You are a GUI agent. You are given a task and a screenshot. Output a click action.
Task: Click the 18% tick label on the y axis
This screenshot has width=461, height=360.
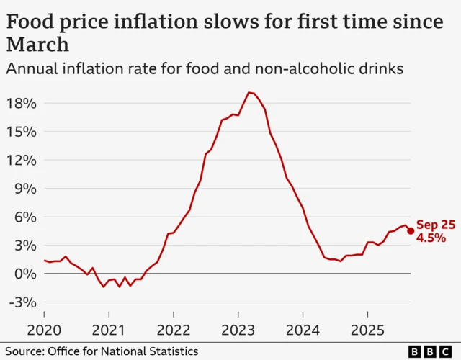[x=22, y=103]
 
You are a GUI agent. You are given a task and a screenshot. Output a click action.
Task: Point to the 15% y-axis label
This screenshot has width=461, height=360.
[x=22, y=132]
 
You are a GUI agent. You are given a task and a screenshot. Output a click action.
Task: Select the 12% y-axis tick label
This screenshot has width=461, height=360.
[x=22, y=160]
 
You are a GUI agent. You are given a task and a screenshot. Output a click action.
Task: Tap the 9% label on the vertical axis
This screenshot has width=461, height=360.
[x=25, y=189]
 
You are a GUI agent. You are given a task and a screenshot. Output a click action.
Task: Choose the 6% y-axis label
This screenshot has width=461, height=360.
[x=25, y=217]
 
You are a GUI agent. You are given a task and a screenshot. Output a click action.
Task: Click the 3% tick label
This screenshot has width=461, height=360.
[x=25, y=246]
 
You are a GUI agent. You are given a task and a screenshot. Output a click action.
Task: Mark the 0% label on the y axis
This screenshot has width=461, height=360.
[x=25, y=274]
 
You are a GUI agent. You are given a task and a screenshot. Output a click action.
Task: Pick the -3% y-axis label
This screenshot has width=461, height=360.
[x=22, y=302]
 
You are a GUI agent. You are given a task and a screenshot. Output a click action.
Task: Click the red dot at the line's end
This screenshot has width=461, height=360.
[x=411, y=230]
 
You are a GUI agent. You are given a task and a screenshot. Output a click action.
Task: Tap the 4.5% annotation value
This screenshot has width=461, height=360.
[x=431, y=238]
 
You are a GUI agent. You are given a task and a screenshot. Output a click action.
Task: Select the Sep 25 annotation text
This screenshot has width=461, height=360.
[x=436, y=225]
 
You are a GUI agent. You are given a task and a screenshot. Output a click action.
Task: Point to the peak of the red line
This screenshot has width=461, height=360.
[x=249, y=92]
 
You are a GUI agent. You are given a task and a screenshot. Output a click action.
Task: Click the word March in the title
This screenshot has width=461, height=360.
[x=37, y=45]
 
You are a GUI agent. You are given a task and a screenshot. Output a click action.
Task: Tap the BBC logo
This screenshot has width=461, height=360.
[x=432, y=351]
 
